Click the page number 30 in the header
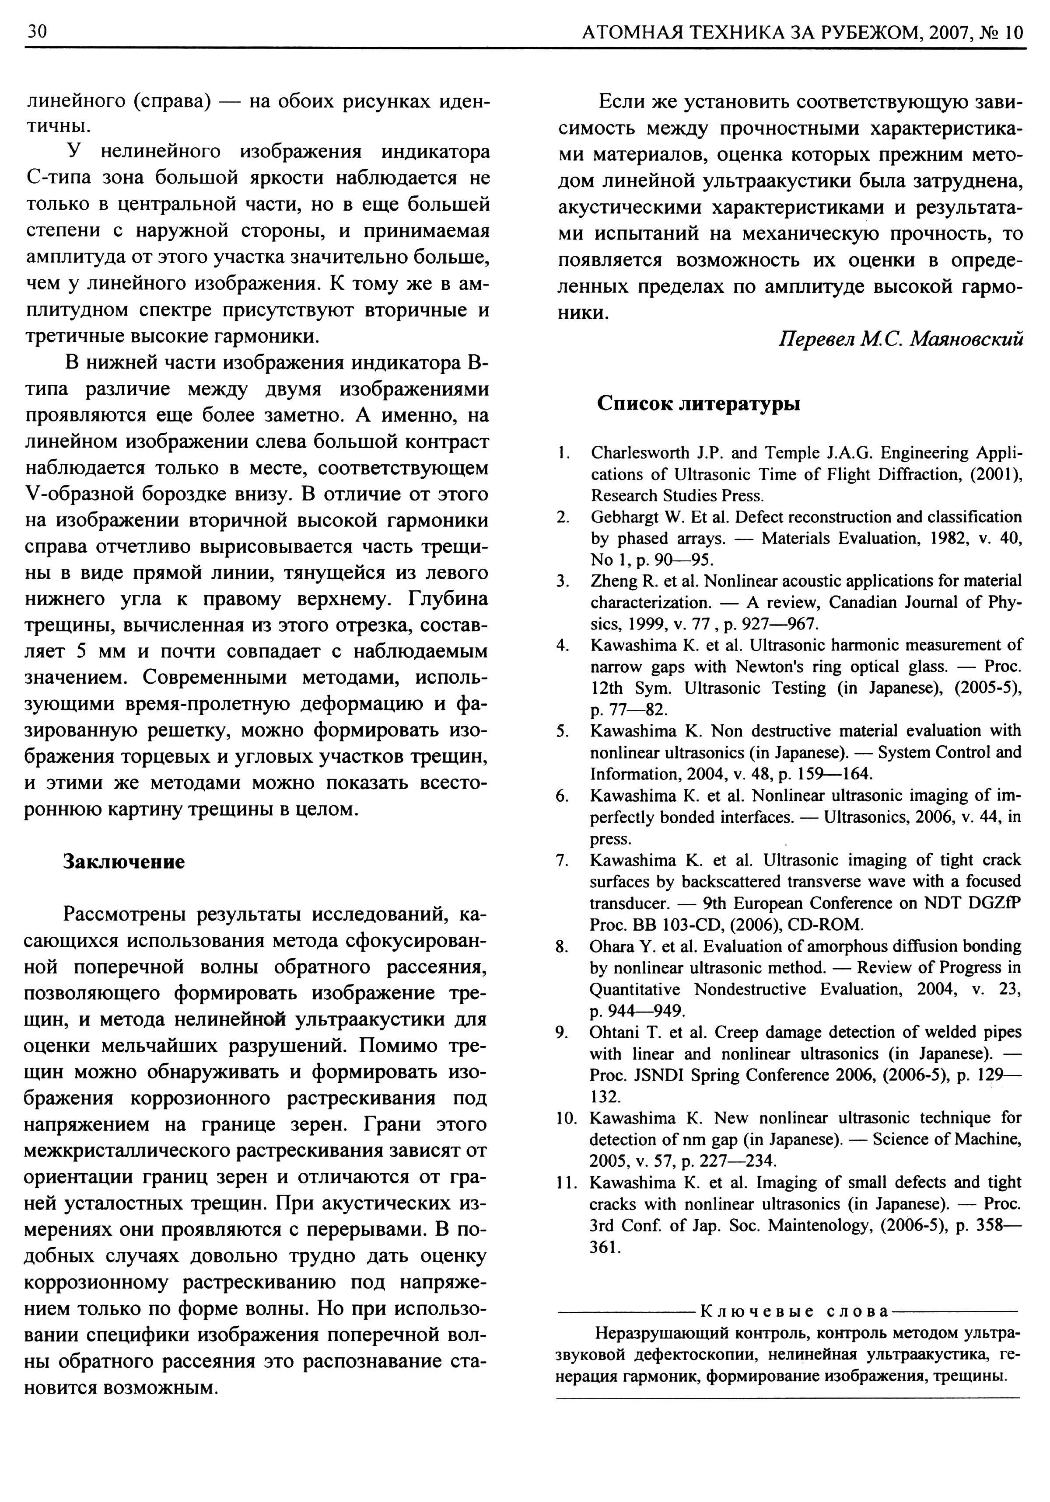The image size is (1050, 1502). (35, 32)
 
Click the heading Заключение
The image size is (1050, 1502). (124, 862)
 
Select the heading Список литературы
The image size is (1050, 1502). (699, 403)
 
